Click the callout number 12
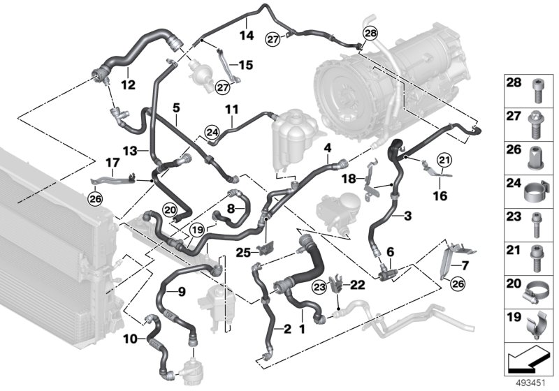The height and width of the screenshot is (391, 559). (127, 84)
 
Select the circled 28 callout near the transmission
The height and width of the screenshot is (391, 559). (370, 32)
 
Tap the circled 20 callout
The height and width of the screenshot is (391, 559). (170, 208)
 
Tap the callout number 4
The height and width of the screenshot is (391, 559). (326, 147)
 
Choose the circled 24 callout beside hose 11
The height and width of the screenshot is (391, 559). (212, 131)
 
